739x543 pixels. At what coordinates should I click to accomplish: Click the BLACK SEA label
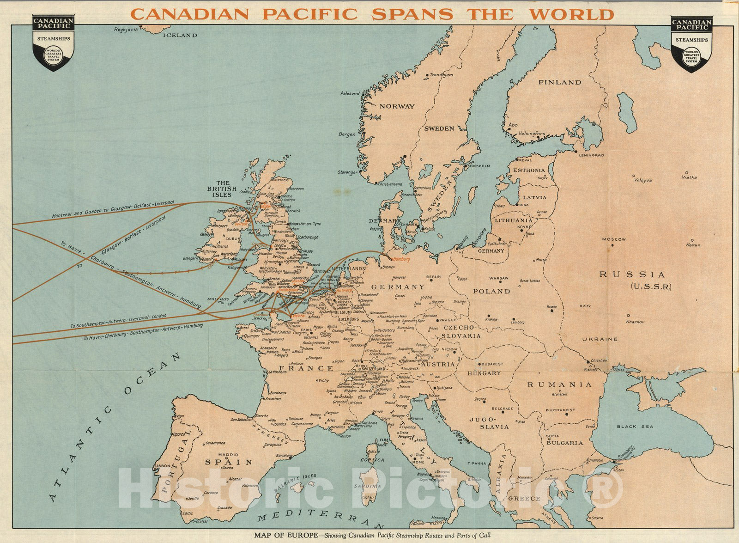637,427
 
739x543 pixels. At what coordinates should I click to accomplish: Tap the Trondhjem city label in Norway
442,74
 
